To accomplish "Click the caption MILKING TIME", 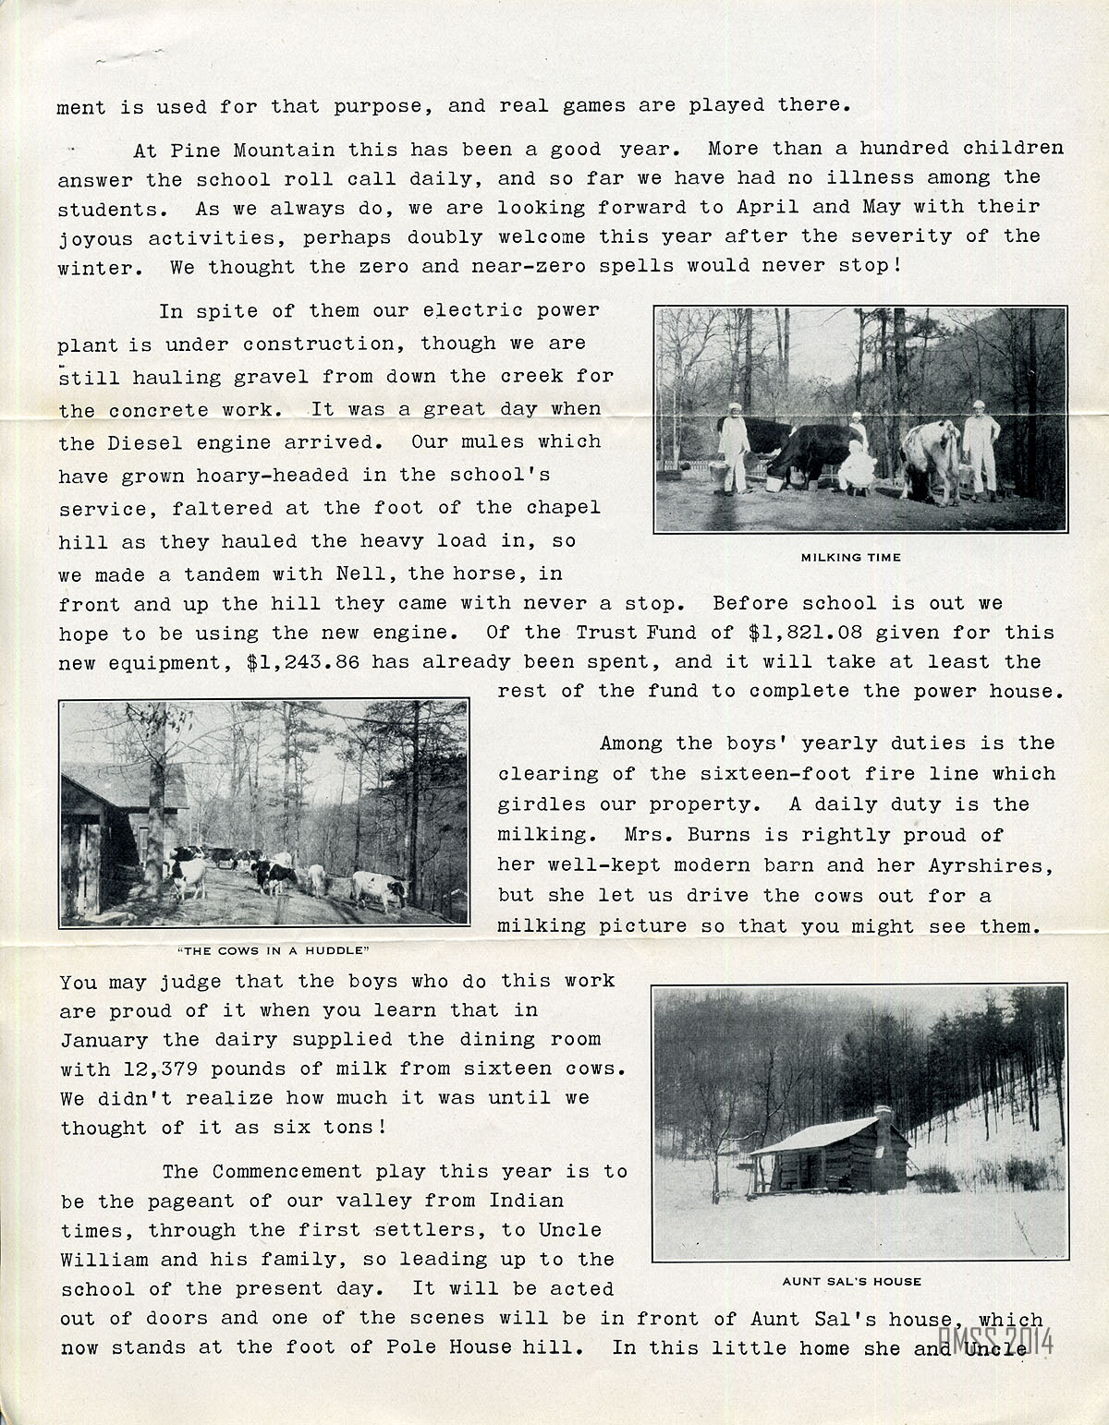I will tap(850, 557).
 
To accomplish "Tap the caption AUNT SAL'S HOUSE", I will tap(851, 1281).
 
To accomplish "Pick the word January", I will tap(104, 1039).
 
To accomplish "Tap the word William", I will tap(104, 1259).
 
